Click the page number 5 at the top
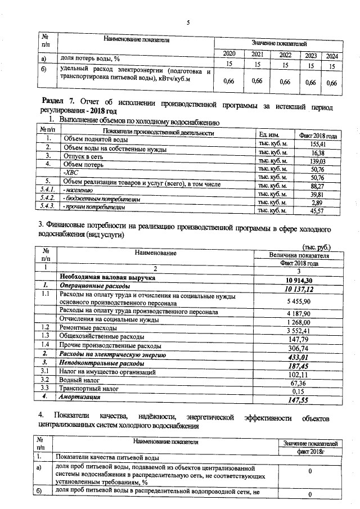click(188, 22)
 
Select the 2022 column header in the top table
click(285, 55)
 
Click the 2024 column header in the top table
click(332, 56)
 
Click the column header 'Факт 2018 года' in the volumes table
click(318, 135)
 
